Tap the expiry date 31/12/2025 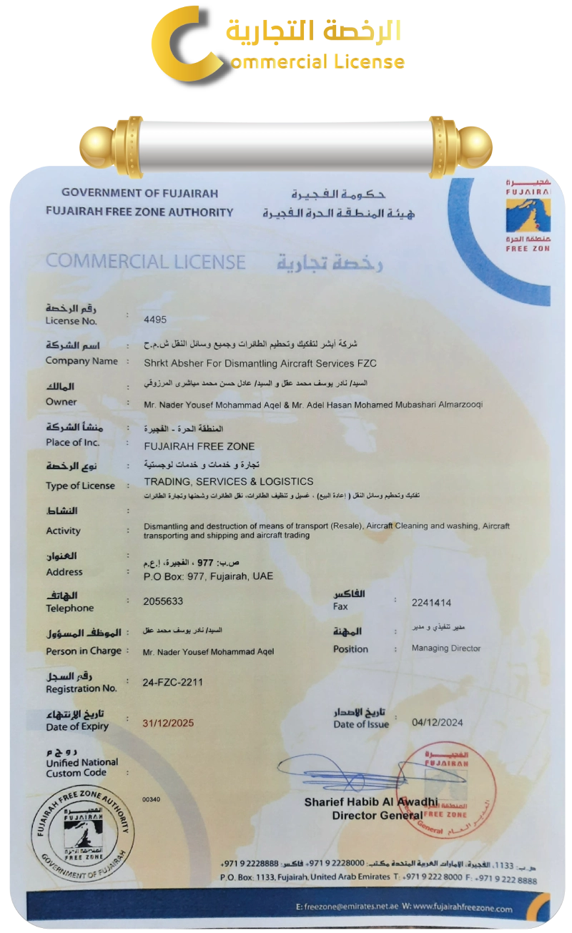click(x=169, y=723)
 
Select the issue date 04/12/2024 click(x=438, y=722)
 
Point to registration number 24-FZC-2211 click(x=174, y=682)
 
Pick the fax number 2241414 click(x=432, y=603)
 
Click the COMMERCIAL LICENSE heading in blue click(x=145, y=262)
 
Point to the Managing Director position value click(x=446, y=648)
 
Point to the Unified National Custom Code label click(x=82, y=767)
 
